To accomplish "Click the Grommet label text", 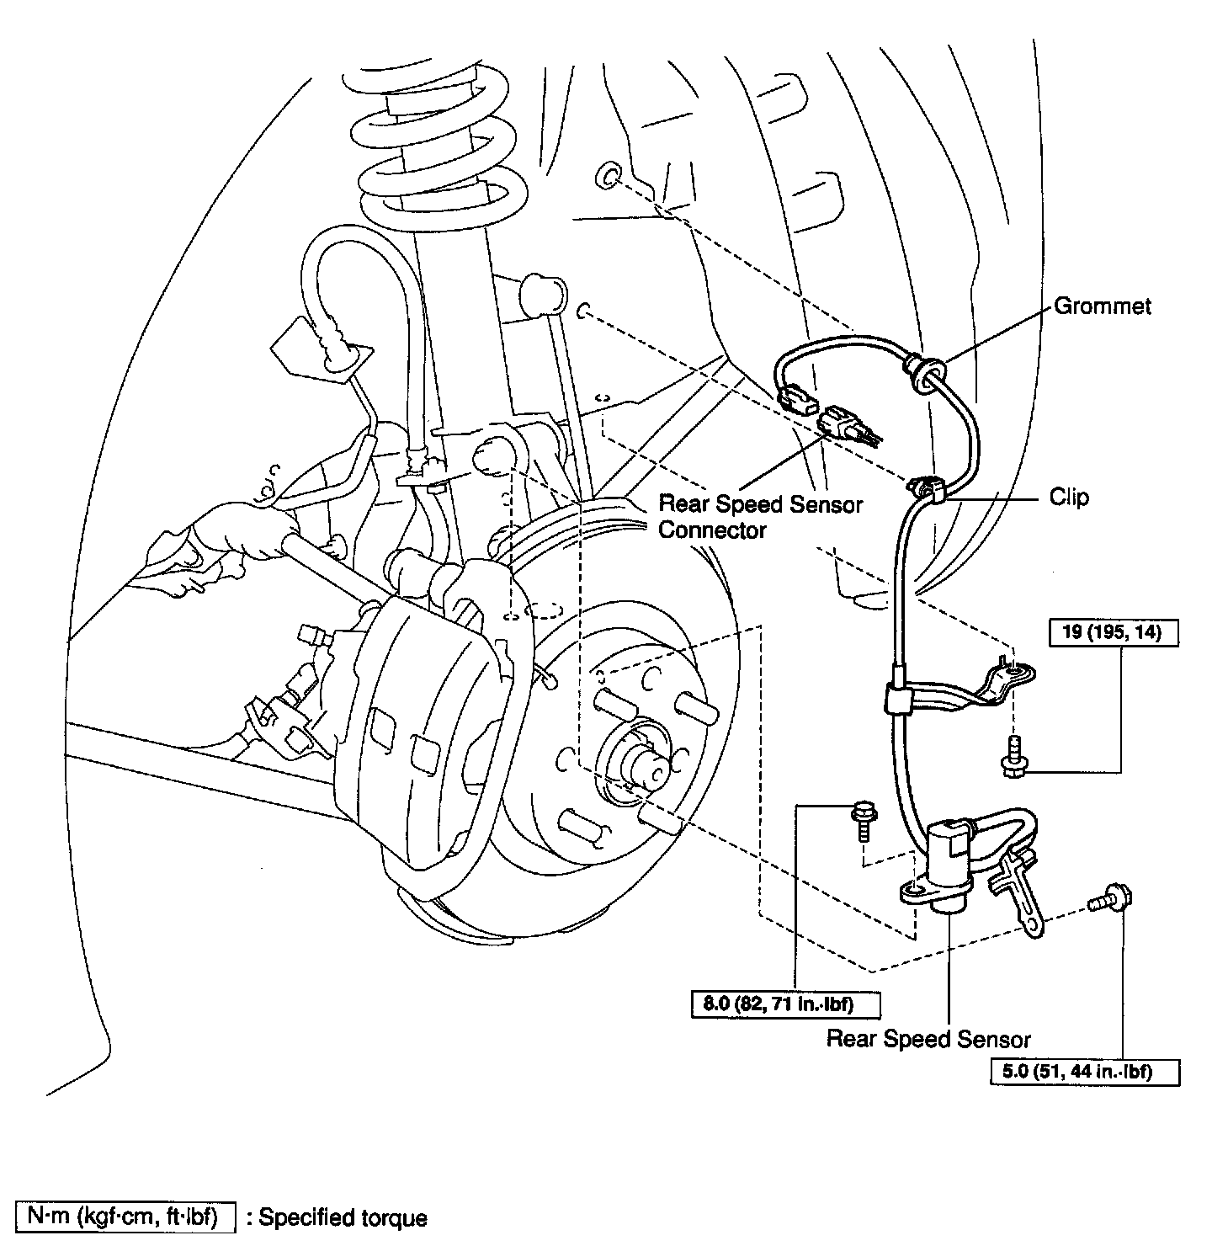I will [1103, 306].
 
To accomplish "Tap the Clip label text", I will [1069, 498].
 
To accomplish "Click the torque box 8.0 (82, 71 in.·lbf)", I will [784, 1004].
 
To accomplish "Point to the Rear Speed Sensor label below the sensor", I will [928, 1038].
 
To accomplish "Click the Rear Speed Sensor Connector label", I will [760, 517].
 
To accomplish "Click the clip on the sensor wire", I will [928, 487].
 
